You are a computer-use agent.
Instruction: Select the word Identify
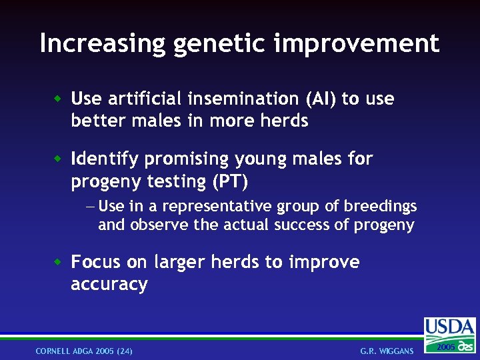105,159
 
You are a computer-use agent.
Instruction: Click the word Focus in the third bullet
93,262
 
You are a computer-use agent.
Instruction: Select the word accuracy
109,285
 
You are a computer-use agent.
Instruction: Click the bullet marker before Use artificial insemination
59,99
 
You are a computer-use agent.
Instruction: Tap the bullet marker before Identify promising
59,159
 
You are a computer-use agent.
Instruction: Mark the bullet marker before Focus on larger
59,262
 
